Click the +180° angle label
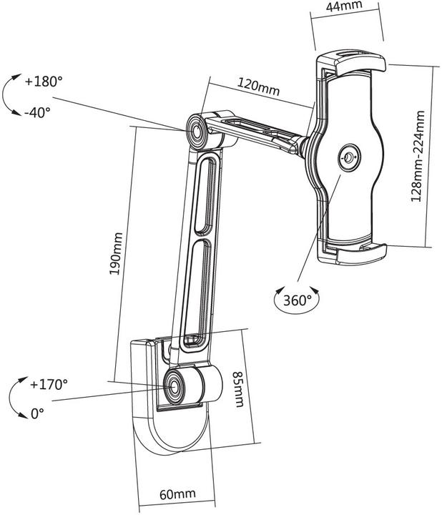[x=44, y=82]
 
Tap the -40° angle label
[x=36, y=113]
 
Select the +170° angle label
[x=49, y=384]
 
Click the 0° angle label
[x=37, y=413]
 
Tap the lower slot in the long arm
[x=195, y=293]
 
